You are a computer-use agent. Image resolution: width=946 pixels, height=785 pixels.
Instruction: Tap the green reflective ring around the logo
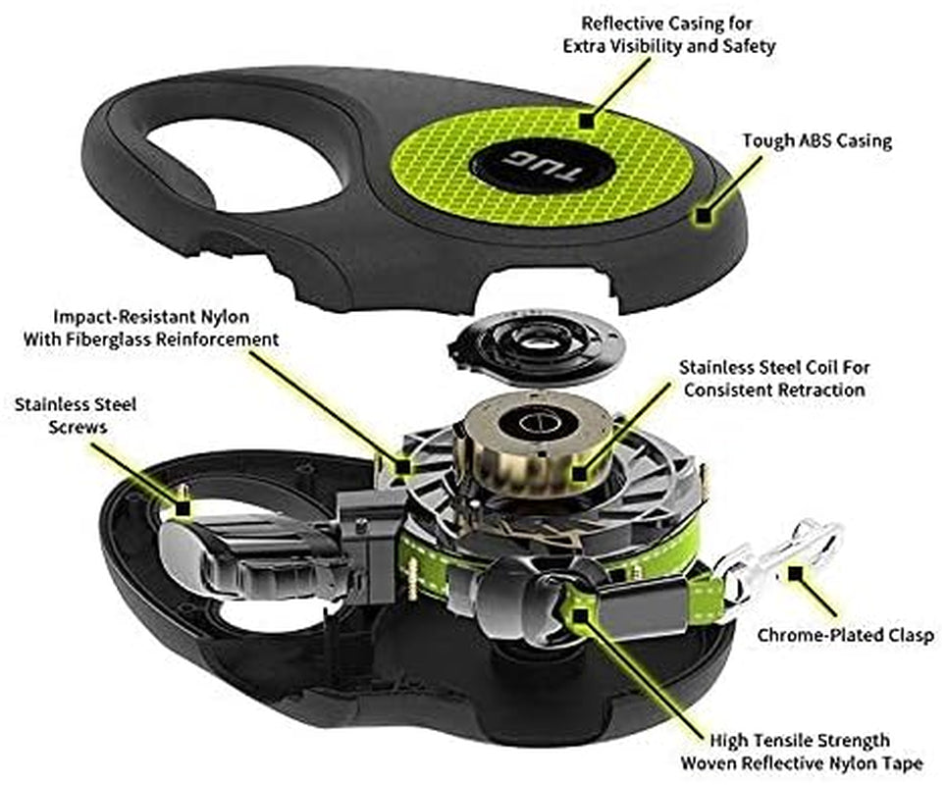tap(628, 167)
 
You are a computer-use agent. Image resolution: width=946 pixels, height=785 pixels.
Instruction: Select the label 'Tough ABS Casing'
tap(816, 141)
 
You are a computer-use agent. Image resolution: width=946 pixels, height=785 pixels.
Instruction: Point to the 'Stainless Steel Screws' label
tap(75, 415)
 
